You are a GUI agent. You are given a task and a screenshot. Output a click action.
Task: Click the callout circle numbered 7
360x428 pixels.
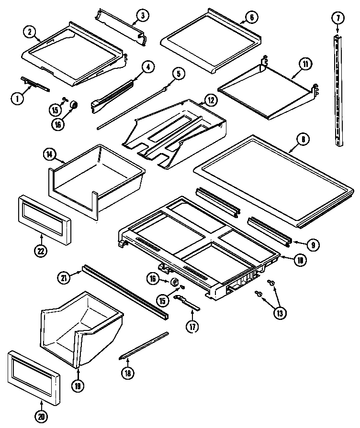(x=337, y=19)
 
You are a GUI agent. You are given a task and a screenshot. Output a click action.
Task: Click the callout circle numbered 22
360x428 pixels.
(x=41, y=251)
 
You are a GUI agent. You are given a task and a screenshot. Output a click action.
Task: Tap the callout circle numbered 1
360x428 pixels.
(x=17, y=99)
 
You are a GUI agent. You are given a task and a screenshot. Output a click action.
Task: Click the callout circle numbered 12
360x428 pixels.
(x=210, y=100)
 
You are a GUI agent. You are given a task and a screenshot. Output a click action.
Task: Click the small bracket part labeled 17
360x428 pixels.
(x=187, y=302)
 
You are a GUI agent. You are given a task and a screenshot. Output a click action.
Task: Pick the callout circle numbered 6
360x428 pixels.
(x=252, y=18)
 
